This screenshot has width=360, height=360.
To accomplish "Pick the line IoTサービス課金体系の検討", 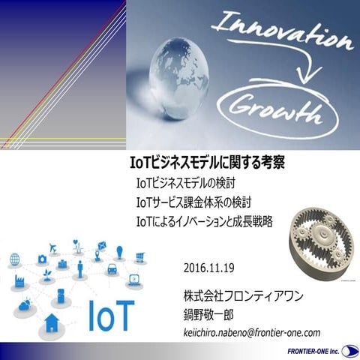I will (x=193, y=202).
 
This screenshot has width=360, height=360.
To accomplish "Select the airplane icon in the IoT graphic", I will (x=53, y=247).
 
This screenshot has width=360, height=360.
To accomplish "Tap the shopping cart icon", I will (x=139, y=257).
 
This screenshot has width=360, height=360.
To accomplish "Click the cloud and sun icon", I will (x=24, y=304).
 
